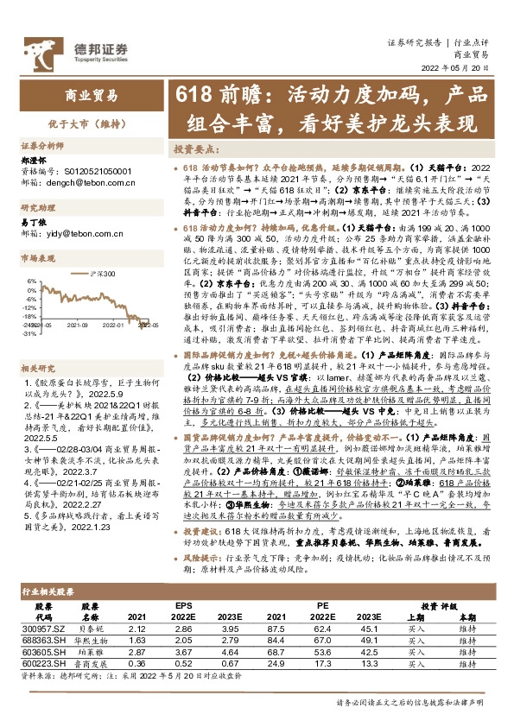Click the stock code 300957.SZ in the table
pos(40,630)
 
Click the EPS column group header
pos(183,606)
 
